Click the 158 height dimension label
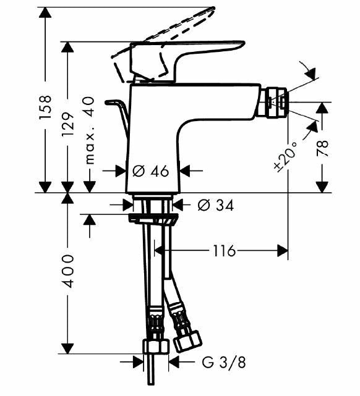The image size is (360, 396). (45, 107)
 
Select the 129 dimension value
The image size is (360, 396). (68, 124)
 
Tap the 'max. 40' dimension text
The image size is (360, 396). (89, 130)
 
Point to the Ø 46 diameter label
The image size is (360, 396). (151, 171)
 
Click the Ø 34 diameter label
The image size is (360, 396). (216, 205)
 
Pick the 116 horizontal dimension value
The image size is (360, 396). (225, 251)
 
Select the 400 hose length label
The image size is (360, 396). (68, 271)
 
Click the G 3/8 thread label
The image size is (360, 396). (224, 363)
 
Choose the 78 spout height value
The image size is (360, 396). (322, 148)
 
